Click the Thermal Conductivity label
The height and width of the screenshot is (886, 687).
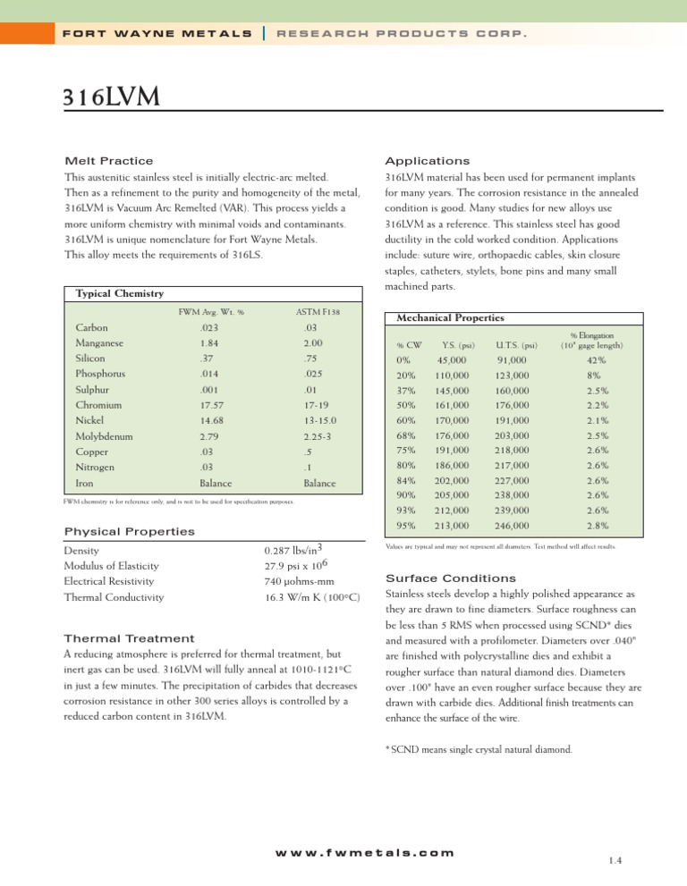coord(120,597)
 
